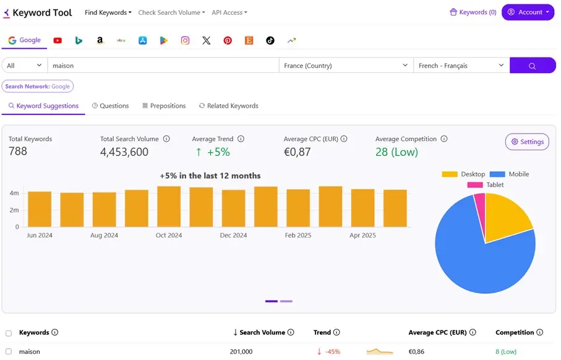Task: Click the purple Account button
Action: point(528,12)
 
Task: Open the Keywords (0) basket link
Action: point(473,12)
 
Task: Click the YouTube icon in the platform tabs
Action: point(58,40)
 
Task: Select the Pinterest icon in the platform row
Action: point(228,40)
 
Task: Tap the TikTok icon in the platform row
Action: point(270,40)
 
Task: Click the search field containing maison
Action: point(163,66)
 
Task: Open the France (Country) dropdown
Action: point(346,66)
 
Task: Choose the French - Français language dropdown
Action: point(461,66)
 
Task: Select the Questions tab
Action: point(110,106)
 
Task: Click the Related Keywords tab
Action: point(228,106)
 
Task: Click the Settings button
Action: point(527,142)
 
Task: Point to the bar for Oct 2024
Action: point(169,207)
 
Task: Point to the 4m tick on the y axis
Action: point(14,194)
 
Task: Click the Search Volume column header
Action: point(262,333)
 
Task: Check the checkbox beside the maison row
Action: point(9,352)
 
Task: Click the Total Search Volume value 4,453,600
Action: point(124,152)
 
